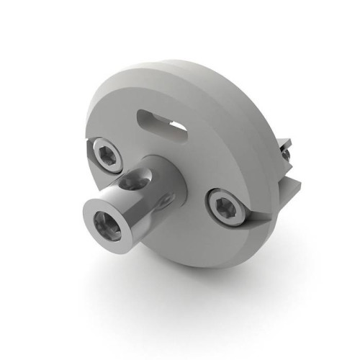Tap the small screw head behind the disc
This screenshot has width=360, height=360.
286,152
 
